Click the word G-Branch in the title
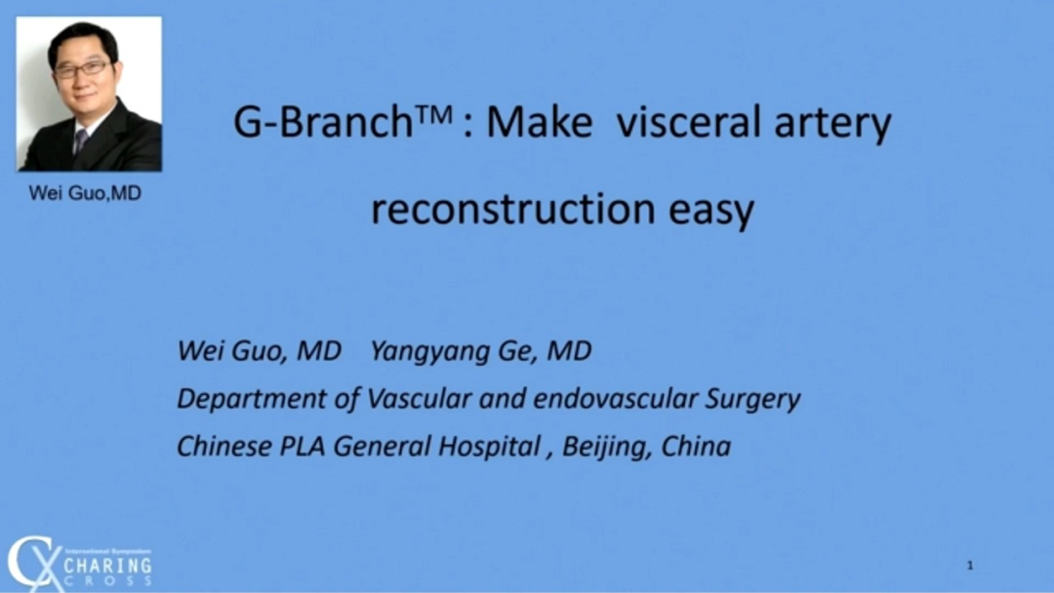(323, 122)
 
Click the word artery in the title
(832, 126)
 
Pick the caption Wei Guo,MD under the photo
(85, 193)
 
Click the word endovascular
(615, 398)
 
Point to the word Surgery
(752, 400)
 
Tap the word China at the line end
(696, 447)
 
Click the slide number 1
(970, 566)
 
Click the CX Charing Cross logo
(80, 563)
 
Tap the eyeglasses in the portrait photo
(81, 69)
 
